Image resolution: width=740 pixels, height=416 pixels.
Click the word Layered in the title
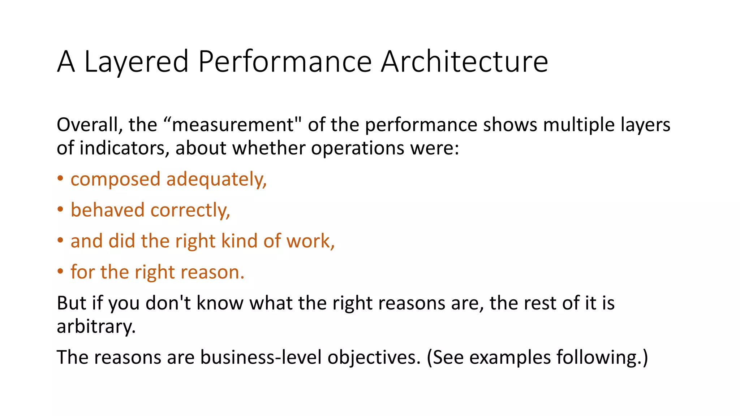136,62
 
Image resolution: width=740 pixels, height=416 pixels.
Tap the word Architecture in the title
464,62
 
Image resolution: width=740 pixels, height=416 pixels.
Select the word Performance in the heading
285,62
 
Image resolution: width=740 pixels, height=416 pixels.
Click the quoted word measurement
233,125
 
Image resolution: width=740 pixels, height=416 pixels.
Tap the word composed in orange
115,180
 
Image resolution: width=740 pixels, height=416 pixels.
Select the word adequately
216,180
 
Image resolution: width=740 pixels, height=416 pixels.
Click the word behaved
107,210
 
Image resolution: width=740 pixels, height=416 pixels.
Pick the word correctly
190,210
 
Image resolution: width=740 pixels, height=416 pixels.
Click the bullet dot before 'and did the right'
60,241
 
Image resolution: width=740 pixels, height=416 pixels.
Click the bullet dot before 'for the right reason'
60,272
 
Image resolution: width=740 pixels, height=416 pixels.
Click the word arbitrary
96,327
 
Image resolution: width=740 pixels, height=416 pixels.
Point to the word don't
168,303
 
